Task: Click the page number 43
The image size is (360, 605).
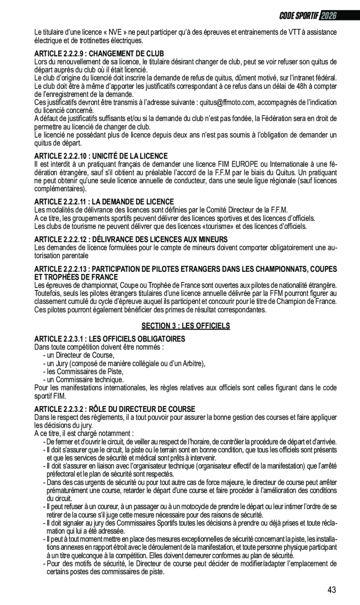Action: pyautogui.click(x=332, y=590)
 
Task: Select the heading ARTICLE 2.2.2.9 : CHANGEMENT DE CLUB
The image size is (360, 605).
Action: pyautogui.click(x=99, y=54)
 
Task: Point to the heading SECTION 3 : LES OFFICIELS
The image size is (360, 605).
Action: pyautogui.click(x=186, y=326)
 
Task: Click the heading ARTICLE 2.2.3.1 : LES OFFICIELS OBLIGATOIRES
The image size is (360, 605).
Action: pyautogui.click(x=110, y=339)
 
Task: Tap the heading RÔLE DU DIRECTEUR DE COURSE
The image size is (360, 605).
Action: pyautogui.click(x=115, y=409)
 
